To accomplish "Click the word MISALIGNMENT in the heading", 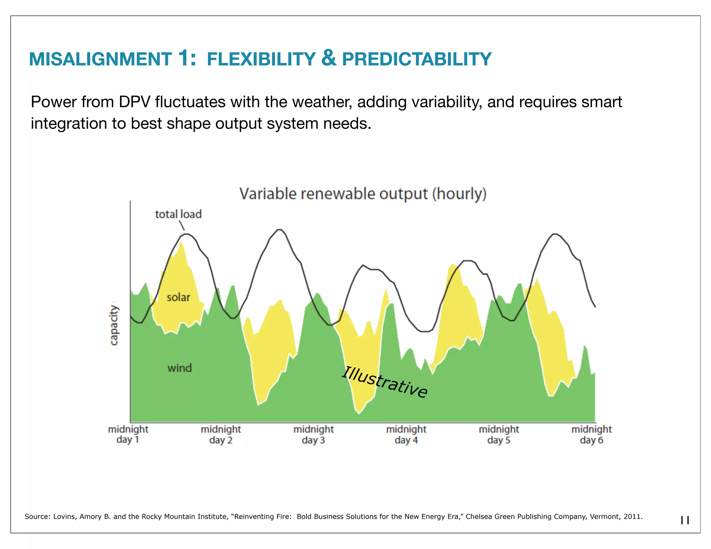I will tap(100, 59).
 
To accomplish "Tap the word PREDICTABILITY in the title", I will tap(417, 59).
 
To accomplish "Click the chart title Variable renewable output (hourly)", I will tap(363, 194).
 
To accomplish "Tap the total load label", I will tap(178, 214).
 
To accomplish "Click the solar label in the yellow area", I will tap(178, 297).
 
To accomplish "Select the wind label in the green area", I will tap(179, 368).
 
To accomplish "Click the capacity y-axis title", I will tap(114, 326).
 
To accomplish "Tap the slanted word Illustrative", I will tap(385, 382).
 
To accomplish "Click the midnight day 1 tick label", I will tap(128, 434).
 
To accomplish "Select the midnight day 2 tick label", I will tap(221, 434).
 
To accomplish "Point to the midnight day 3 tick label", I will tap(313, 434).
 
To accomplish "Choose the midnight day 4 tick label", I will tap(406, 434).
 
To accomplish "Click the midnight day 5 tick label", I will tap(499, 434).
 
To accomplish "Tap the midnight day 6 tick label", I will tap(592, 434).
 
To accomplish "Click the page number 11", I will tap(685, 520).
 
